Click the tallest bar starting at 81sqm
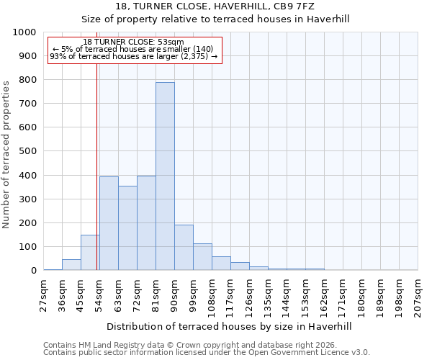point(165,176)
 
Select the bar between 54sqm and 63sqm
point(109,223)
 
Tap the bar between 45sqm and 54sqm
point(90,253)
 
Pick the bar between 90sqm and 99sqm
point(184,248)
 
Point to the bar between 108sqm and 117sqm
point(221,264)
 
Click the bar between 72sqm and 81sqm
point(146,223)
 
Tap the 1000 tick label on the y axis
point(24,32)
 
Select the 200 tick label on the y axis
point(28,223)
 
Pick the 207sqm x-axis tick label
point(418,295)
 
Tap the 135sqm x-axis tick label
point(269,295)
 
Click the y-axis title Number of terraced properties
point(7,154)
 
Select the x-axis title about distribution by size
point(230,326)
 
